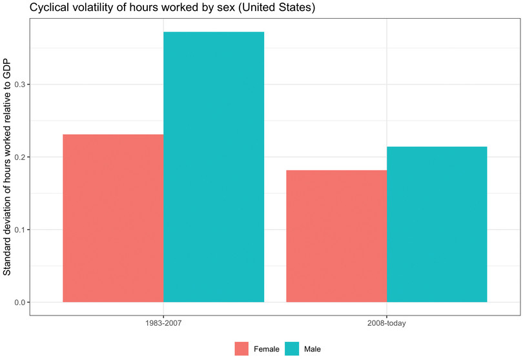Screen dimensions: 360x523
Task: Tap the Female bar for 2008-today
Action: pos(336,236)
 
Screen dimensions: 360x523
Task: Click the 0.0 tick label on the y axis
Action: pos(19,303)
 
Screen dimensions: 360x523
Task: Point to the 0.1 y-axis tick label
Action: pos(19,230)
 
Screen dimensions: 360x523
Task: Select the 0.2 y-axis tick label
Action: pos(19,157)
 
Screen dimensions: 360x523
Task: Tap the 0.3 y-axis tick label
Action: pos(19,85)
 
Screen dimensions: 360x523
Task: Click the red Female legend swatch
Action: pos(241,349)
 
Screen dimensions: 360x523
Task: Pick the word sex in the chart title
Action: pos(191,7)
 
